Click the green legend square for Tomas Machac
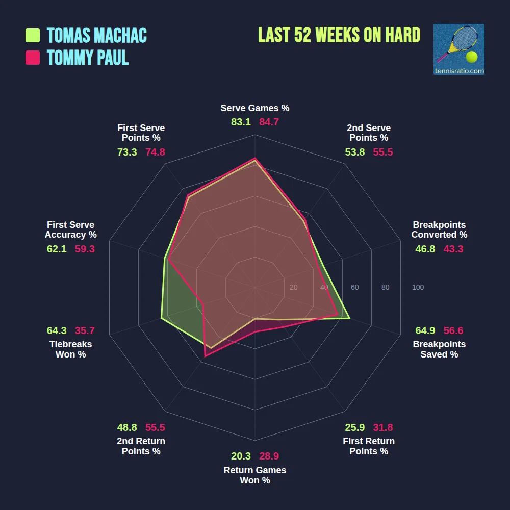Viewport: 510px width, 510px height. (33, 35)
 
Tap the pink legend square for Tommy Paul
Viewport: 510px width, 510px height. (33, 58)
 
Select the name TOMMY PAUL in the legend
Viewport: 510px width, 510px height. (88, 58)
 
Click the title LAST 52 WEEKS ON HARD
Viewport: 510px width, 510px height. (339, 35)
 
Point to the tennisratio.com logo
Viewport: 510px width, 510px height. (458, 49)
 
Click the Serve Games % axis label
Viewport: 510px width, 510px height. (255, 108)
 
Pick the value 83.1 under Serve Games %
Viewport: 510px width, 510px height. (241, 122)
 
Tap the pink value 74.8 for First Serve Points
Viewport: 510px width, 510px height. (155, 152)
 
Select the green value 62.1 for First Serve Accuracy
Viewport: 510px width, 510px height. (57, 249)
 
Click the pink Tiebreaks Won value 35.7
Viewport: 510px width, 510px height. (85, 330)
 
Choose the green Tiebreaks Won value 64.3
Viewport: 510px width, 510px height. (57, 330)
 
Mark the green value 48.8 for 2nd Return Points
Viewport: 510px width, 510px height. (127, 427)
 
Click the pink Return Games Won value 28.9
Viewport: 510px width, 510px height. (269, 456)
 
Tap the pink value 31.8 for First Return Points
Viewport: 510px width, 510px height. (383, 427)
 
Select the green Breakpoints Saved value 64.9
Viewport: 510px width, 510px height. (425, 330)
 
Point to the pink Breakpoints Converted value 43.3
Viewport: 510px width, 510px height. (453, 249)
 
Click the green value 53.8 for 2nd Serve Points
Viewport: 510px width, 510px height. (355, 152)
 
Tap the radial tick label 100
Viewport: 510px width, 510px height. (418, 288)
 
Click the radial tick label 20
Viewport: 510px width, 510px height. (293, 288)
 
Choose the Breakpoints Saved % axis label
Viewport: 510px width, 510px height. (439, 349)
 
